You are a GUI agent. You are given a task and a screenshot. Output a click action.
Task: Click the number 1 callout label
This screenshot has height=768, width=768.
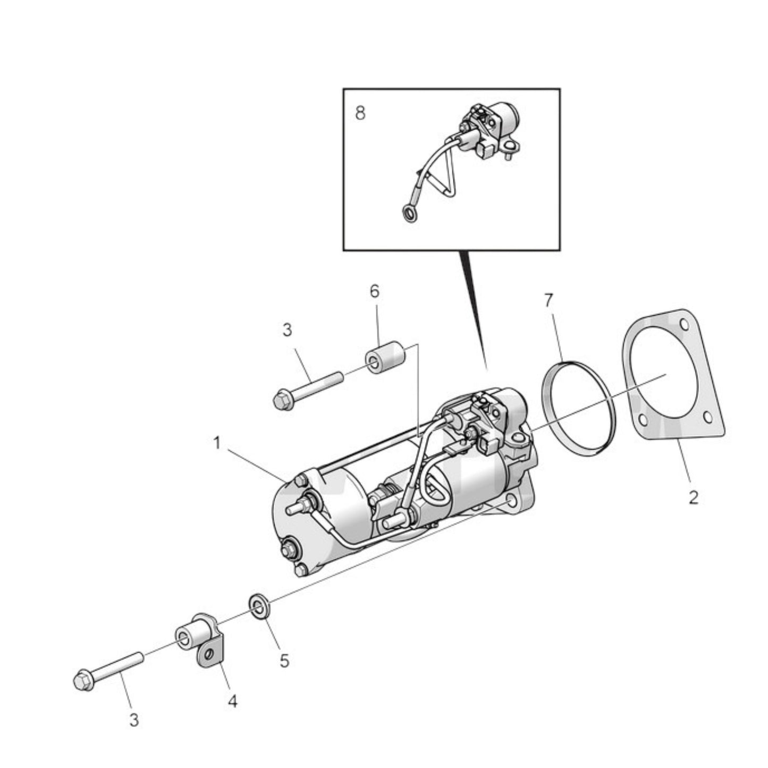[217, 443]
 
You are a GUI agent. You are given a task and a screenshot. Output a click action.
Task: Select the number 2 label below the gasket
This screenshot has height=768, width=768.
[693, 497]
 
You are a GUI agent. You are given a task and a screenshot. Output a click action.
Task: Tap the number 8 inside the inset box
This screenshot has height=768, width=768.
[360, 113]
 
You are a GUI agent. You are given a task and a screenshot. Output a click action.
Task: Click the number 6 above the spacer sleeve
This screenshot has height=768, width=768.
[375, 291]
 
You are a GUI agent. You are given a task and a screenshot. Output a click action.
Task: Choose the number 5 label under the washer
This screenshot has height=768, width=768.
[284, 661]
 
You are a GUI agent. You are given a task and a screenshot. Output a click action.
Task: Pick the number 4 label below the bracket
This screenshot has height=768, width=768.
[232, 702]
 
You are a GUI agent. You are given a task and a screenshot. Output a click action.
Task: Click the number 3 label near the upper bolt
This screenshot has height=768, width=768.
[287, 330]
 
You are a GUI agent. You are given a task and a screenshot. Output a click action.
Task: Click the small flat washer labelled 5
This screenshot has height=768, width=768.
[259, 606]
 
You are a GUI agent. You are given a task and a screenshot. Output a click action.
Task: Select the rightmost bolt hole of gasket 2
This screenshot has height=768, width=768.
[707, 418]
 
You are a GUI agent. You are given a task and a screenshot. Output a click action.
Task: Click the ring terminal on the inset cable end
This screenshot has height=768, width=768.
[409, 215]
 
